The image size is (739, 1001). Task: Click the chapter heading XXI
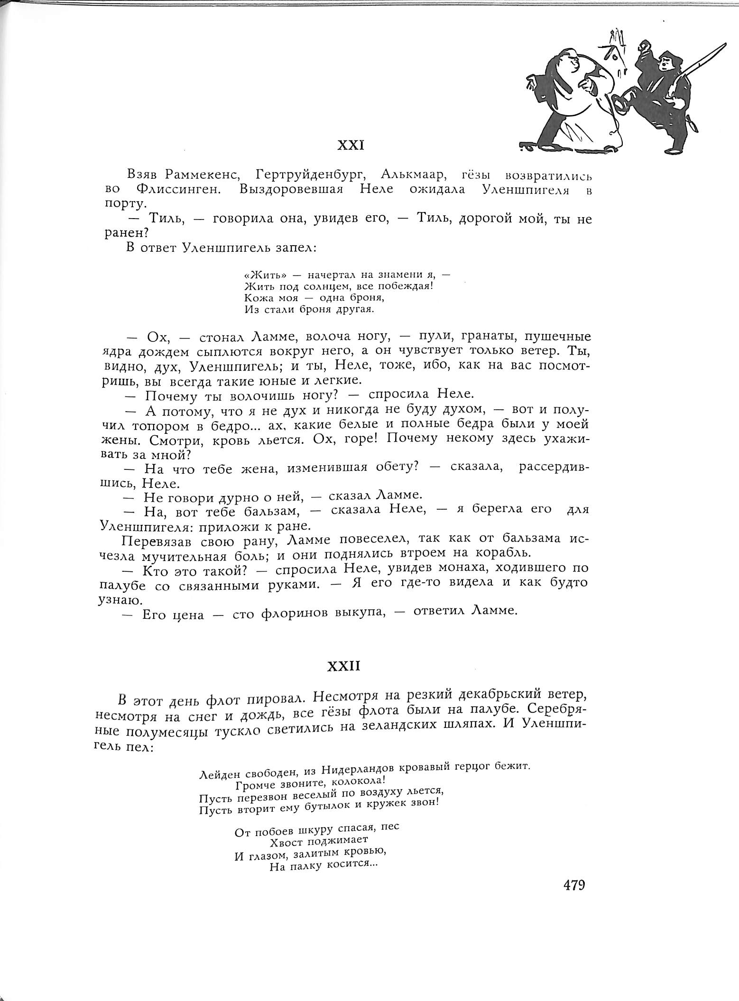pyautogui.click(x=350, y=145)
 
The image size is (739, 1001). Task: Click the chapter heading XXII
pyautogui.click(x=344, y=666)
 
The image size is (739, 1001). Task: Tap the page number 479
pyautogui.click(x=574, y=885)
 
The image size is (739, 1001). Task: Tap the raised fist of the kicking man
pyautogui.click(x=645, y=47)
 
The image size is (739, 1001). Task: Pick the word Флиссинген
pyautogui.click(x=180, y=189)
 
